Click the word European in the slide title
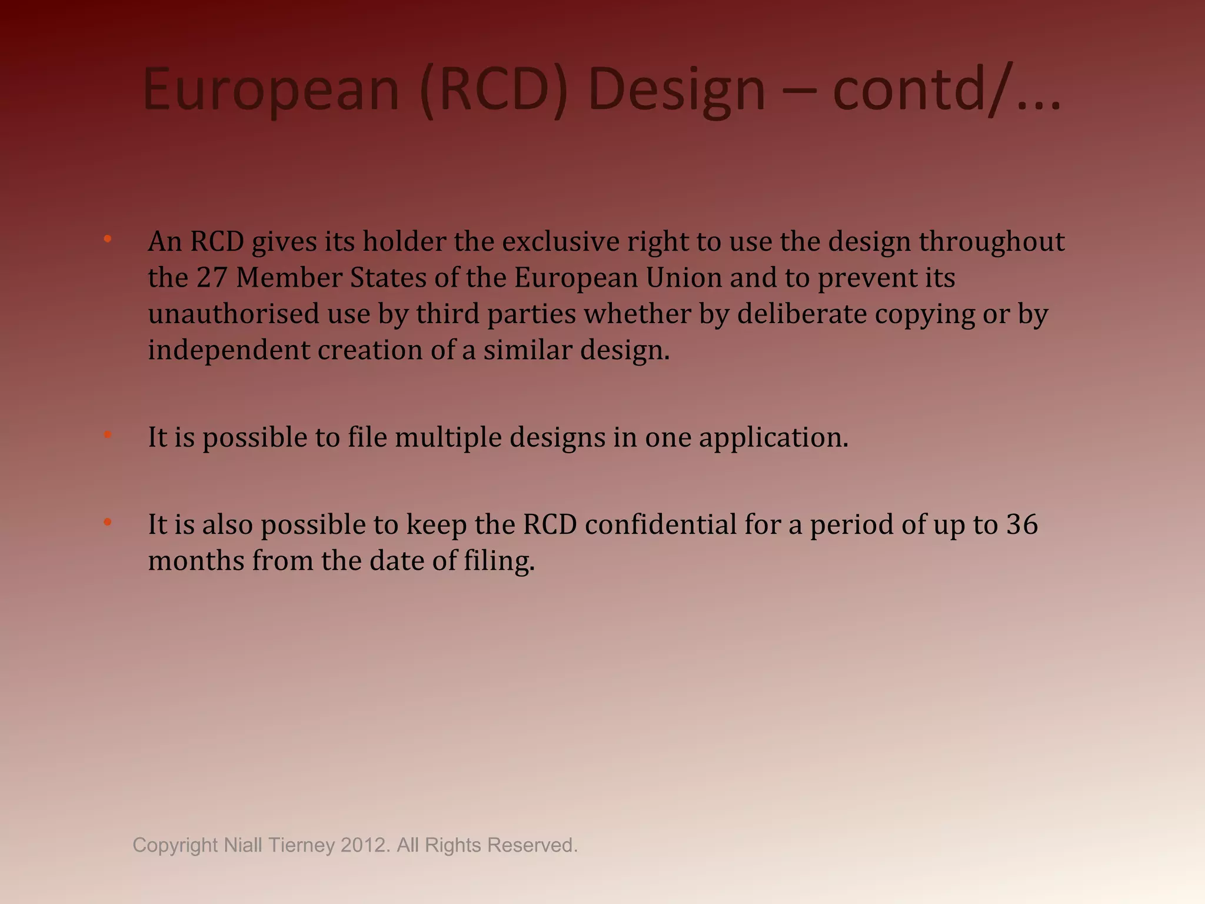[271, 90]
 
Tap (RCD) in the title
[495, 90]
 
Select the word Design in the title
[677, 90]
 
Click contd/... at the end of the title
[947, 90]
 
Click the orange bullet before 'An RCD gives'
[108, 239]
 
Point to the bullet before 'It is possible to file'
[108, 435]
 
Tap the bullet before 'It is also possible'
[108, 522]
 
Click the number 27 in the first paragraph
[212, 278]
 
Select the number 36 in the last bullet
[1022, 524]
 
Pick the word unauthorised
[234, 314]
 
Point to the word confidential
[660, 524]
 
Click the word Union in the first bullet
[684, 278]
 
